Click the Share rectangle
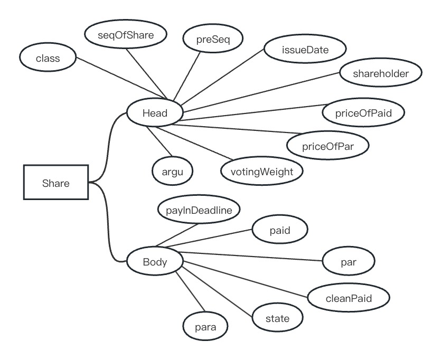click(56, 183)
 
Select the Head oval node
click(155, 112)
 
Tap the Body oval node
click(155, 261)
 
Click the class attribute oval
click(48, 58)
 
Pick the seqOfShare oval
click(126, 35)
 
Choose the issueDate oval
click(305, 50)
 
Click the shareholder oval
click(381, 73)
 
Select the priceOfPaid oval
click(363, 112)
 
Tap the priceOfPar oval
click(327, 145)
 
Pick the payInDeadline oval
click(199, 210)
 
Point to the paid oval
click(279, 230)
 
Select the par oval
click(349, 260)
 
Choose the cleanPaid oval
click(349, 298)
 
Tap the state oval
click(277, 318)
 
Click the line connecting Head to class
click(121, 78)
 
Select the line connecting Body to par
click(254, 257)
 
